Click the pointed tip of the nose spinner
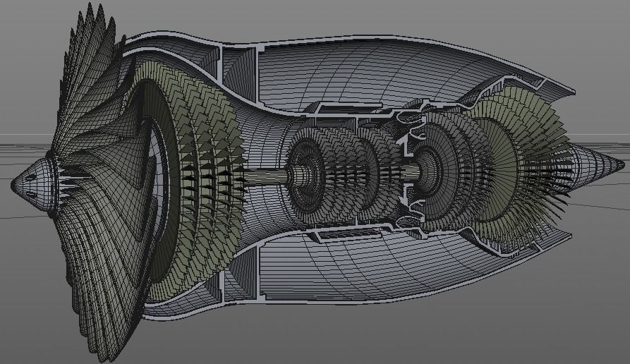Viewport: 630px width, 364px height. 13,185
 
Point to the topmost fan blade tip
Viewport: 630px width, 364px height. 90,6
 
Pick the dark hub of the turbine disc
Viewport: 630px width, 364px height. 427,168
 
